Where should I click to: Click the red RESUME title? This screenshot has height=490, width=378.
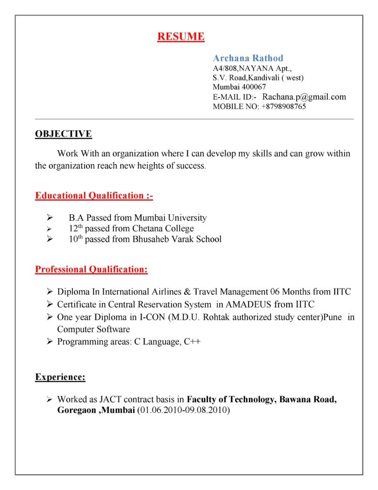[181, 36]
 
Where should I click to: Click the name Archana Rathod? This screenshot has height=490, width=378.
[248, 58]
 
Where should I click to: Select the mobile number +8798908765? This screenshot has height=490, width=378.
[283, 107]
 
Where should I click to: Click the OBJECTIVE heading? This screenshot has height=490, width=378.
[64, 134]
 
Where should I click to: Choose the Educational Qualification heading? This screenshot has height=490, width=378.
[94, 196]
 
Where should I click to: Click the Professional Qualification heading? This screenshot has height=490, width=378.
[91, 270]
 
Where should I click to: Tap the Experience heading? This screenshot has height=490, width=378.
[60, 378]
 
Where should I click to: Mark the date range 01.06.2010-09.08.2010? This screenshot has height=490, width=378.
[184, 411]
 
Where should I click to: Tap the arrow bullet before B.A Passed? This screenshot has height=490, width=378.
[50, 218]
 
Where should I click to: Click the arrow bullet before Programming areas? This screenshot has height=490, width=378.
[50, 342]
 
